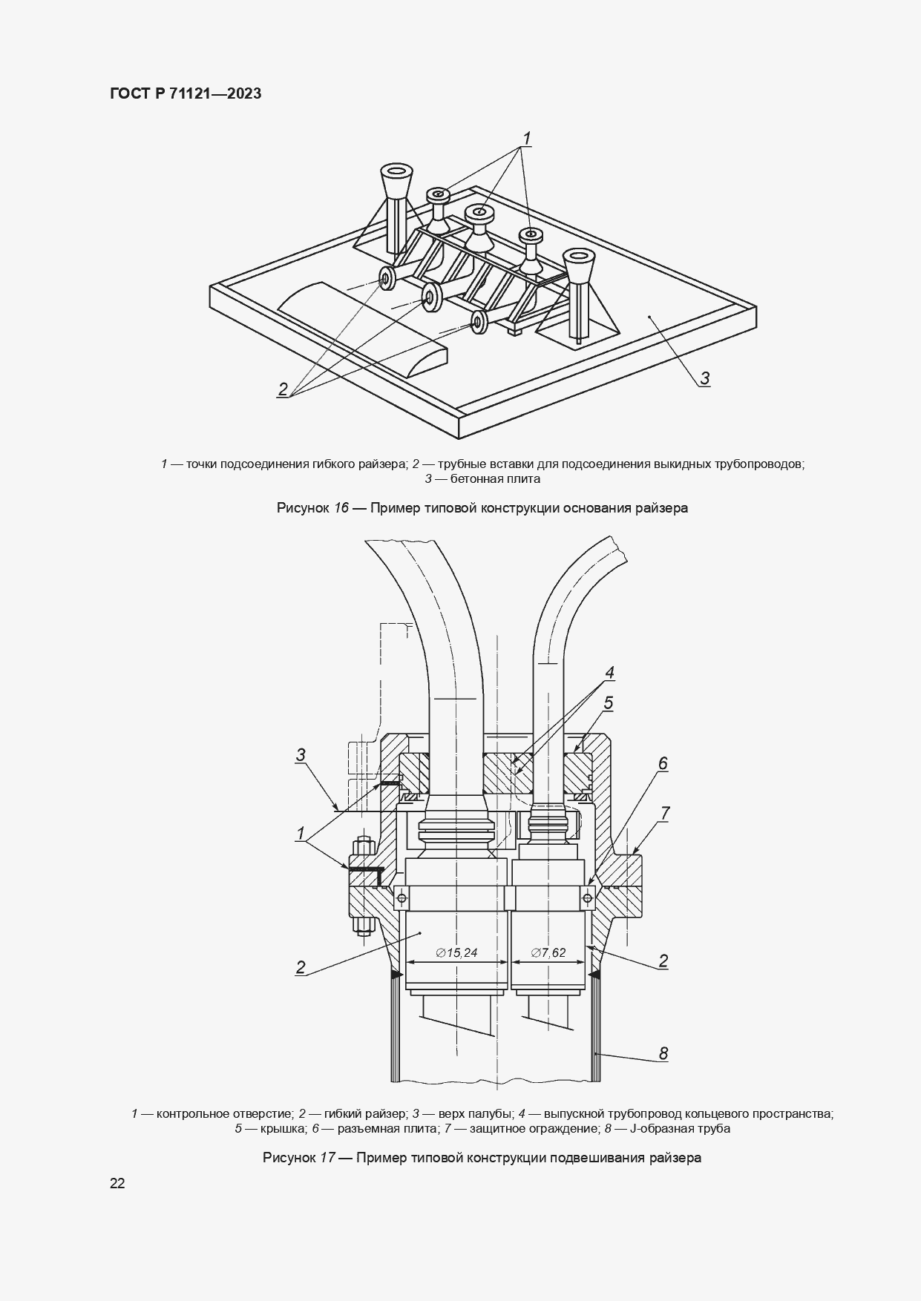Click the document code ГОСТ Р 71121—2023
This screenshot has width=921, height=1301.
[186, 93]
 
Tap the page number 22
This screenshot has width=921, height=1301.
[117, 1183]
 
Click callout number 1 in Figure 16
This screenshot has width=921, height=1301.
[526, 138]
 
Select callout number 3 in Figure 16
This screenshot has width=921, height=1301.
[704, 378]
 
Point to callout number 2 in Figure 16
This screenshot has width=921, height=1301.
[283, 389]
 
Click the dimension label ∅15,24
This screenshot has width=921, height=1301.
[456, 952]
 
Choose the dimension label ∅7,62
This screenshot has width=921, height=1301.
[548, 952]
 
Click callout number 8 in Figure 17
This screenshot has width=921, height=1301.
[663, 1053]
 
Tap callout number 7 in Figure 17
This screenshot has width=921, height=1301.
[664, 813]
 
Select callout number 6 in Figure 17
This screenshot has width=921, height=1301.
[663, 763]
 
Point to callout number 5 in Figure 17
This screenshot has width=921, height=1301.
[608, 702]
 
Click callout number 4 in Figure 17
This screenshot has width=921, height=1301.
[609, 673]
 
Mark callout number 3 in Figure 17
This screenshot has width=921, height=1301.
[301, 755]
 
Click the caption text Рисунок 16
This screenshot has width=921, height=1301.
[312, 508]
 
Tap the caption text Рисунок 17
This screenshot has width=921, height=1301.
[299, 1157]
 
